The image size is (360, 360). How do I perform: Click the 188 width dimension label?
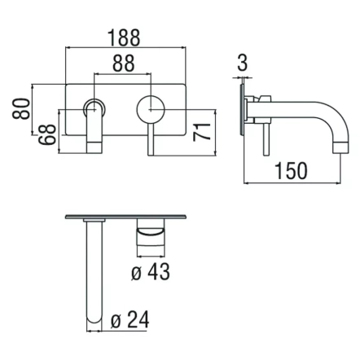coord(124,37)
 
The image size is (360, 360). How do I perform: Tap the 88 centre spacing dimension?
coord(124,64)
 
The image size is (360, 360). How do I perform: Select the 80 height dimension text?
coord(21,108)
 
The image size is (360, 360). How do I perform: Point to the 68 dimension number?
coord(47,134)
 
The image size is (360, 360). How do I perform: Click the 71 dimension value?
coord(202,132)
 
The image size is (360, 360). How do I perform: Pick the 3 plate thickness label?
coord(242,63)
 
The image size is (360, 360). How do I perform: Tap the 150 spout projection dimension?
coord(292,171)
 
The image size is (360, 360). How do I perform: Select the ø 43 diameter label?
coord(151,271)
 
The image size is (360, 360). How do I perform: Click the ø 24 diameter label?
coord(130,319)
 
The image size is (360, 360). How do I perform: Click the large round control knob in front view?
coord(151,109)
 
